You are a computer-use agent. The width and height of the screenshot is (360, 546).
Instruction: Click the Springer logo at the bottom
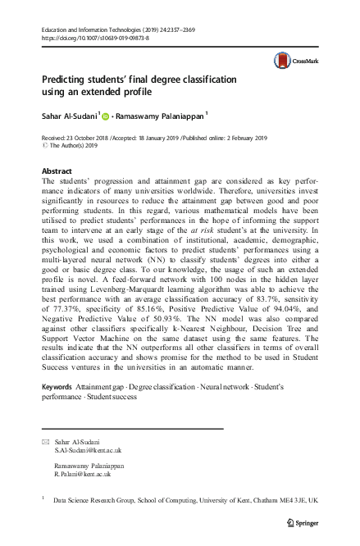[x=304, y=522]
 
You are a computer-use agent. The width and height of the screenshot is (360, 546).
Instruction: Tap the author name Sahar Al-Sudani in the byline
[x=70, y=116]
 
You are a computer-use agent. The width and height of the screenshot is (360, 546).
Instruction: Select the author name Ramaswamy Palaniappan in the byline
[x=161, y=116]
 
